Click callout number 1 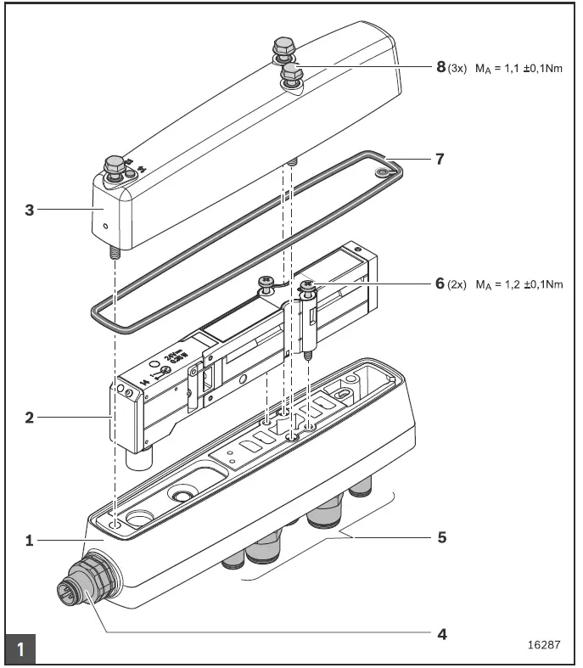point(29,540)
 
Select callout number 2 point(29,417)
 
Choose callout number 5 point(441,537)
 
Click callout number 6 point(440,283)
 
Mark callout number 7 point(440,159)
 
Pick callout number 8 point(440,67)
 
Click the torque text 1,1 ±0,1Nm point(519,68)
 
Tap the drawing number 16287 point(544,644)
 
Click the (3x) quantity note point(457,68)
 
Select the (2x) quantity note point(457,284)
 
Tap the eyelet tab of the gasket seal point(387,171)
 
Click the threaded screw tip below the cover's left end point(113,252)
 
